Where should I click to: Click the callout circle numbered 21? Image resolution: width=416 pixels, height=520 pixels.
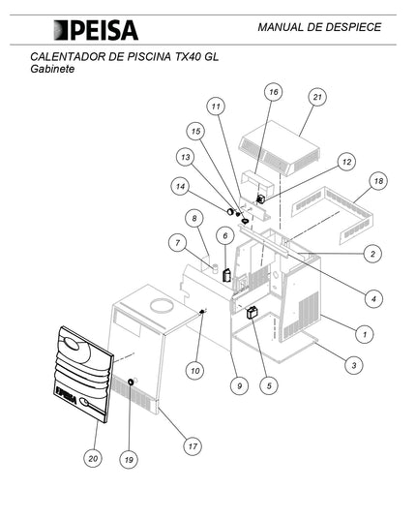point(317,97)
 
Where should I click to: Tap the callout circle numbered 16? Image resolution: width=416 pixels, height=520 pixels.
point(274,92)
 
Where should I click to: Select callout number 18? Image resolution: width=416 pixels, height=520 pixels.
point(378,181)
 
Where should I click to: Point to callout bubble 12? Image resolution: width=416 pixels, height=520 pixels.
point(346,162)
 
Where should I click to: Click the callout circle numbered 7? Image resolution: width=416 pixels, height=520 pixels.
point(178,242)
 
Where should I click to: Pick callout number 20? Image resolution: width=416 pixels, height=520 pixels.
point(93,458)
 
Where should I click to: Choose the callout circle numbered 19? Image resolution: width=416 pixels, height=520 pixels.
point(129,460)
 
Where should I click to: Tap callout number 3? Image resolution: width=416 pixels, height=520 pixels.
point(354,365)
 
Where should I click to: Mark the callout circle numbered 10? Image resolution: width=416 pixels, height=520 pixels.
point(195,371)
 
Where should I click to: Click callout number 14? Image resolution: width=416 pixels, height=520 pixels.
point(180,186)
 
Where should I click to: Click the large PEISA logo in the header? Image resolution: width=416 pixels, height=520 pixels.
point(96,30)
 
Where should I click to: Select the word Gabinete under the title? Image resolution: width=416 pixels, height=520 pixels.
point(52,69)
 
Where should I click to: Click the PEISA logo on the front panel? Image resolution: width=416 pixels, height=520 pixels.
point(67,395)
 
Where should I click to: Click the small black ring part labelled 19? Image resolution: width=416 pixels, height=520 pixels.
point(131,382)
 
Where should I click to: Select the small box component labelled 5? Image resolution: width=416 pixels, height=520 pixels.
point(253,313)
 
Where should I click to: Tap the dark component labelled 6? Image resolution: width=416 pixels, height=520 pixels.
point(227,275)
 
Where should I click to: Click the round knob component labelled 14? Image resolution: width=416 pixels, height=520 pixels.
point(230,211)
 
